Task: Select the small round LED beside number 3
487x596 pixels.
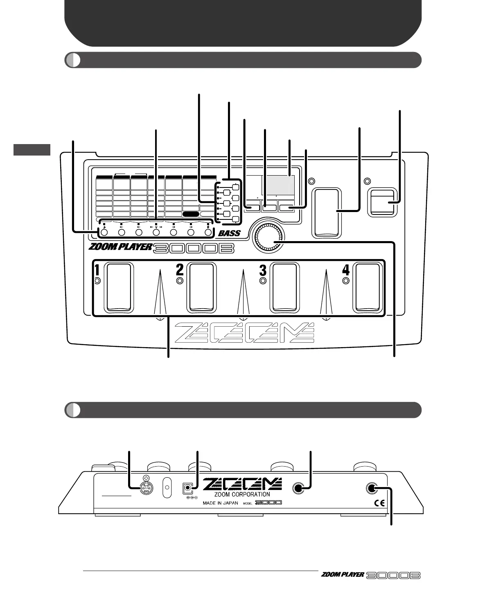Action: [263, 281]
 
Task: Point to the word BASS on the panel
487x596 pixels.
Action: [229, 234]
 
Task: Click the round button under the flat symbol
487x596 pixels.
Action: [104, 233]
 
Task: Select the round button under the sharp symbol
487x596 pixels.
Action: [208, 233]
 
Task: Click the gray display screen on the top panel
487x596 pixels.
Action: [277, 185]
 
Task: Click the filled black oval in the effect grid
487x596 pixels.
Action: [191, 214]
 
